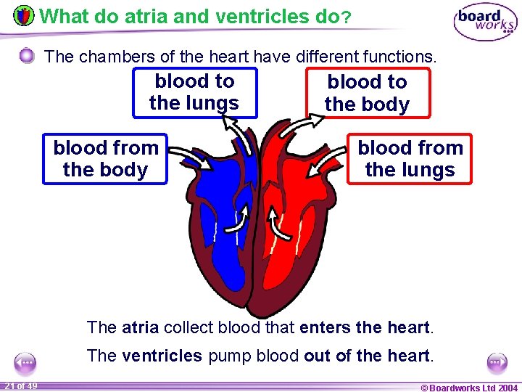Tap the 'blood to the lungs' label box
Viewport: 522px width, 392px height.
pyautogui.click(x=194, y=92)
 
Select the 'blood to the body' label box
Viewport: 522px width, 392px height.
pyautogui.click(x=367, y=93)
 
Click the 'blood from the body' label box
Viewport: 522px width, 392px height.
pyautogui.click(x=105, y=159)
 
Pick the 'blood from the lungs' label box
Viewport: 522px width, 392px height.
pyautogui.click(x=410, y=159)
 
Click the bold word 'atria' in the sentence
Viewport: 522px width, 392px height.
pyautogui.click(x=140, y=327)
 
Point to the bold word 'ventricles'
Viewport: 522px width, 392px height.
pyautogui.click(x=162, y=356)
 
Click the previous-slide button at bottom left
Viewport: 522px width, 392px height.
pyautogui.click(x=25, y=362)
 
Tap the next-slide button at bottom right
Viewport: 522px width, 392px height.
pyautogui.click(x=497, y=362)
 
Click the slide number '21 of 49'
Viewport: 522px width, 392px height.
pyautogui.click(x=21, y=385)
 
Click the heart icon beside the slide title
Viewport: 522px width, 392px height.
pyautogui.click(x=23, y=16)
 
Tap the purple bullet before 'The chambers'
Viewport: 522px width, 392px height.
pyautogui.click(x=27, y=56)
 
